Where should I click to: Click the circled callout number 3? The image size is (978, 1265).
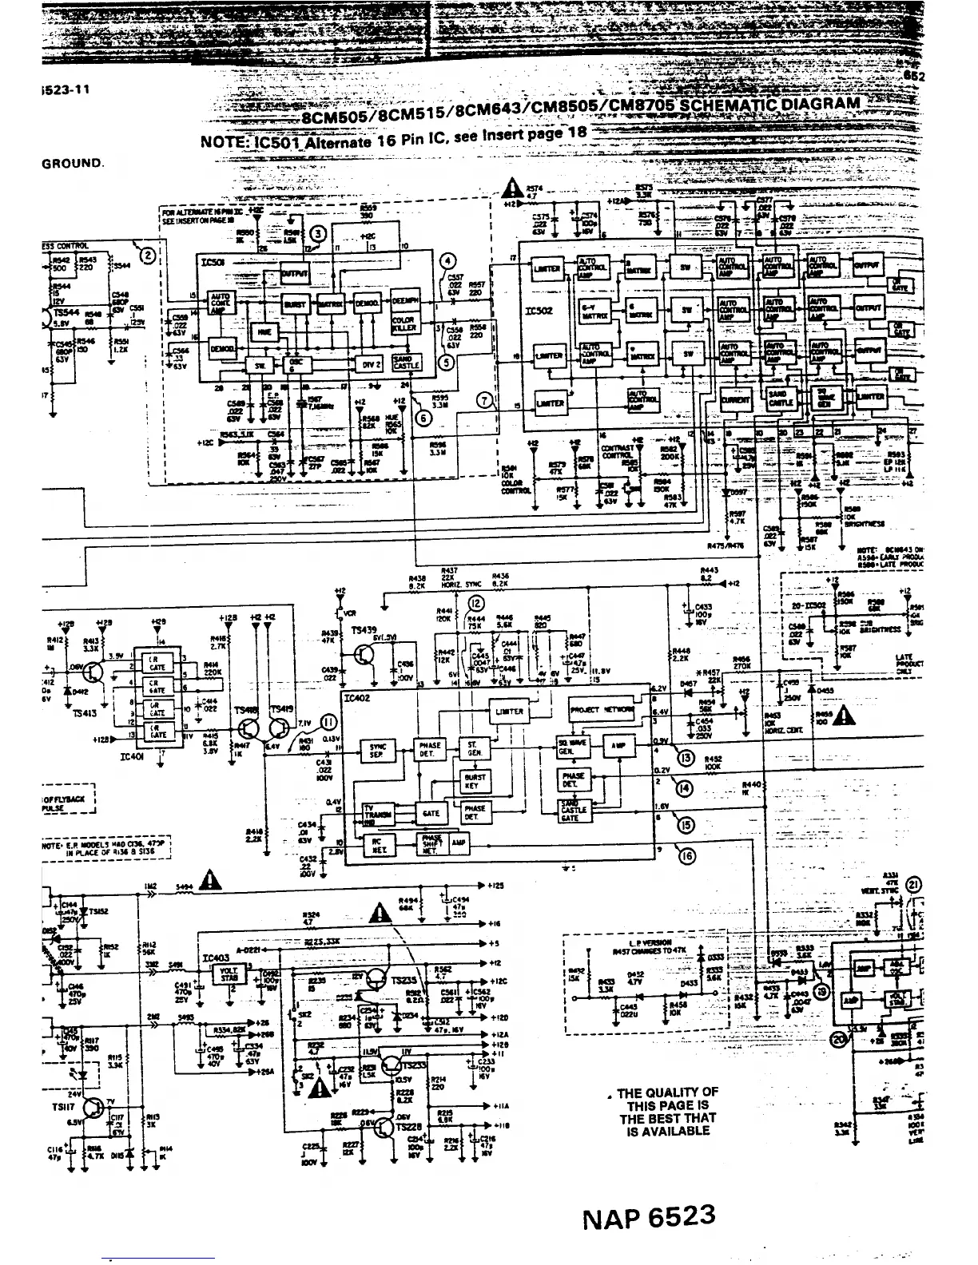(318, 233)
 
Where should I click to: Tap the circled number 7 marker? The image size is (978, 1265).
(483, 401)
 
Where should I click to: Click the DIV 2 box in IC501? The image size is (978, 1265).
(372, 364)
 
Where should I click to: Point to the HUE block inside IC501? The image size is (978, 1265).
(263, 333)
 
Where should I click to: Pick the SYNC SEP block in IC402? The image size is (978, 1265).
(377, 750)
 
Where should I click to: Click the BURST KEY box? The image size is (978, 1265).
(475, 780)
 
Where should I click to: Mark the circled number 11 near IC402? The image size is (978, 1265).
(328, 723)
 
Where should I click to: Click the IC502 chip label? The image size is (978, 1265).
(541, 310)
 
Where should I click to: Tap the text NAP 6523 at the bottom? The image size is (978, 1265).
(648, 1219)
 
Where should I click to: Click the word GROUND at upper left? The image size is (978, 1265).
(73, 163)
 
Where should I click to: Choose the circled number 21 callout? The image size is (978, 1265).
(914, 884)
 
